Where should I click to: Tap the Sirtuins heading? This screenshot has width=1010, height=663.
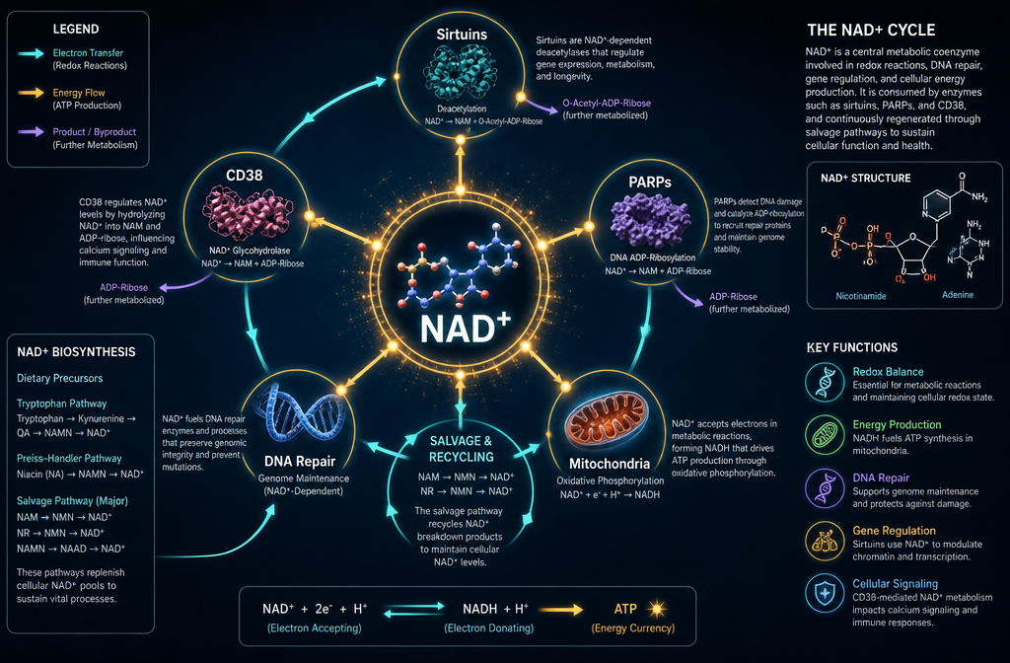click(x=462, y=35)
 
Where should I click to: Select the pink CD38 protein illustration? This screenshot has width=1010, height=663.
click(x=247, y=212)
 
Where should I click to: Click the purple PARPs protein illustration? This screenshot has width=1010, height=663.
click(x=650, y=220)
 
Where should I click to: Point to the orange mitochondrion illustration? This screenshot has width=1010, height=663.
click(x=607, y=421)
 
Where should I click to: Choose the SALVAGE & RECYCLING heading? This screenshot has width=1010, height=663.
click(x=462, y=449)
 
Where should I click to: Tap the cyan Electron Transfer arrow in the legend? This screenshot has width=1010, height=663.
click(x=31, y=53)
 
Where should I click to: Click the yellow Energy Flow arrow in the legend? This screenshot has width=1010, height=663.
click(x=31, y=93)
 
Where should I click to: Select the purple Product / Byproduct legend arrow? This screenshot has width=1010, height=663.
click(x=31, y=132)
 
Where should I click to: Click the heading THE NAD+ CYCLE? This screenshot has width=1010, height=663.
click(x=871, y=30)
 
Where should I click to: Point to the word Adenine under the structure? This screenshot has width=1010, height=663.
click(x=957, y=294)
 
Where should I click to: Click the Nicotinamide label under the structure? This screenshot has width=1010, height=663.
click(x=860, y=296)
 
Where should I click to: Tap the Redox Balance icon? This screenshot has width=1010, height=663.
click(x=825, y=383)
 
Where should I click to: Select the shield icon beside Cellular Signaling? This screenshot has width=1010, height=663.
click(x=825, y=593)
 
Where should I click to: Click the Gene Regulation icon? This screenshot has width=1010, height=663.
click(x=825, y=542)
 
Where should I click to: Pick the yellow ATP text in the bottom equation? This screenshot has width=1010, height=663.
click(x=625, y=609)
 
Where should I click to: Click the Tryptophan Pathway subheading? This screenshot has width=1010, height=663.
click(x=62, y=404)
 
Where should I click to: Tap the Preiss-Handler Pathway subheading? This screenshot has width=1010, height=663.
click(x=69, y=458)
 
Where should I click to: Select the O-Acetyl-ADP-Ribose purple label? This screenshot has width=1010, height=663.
click(x=607, y=103)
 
